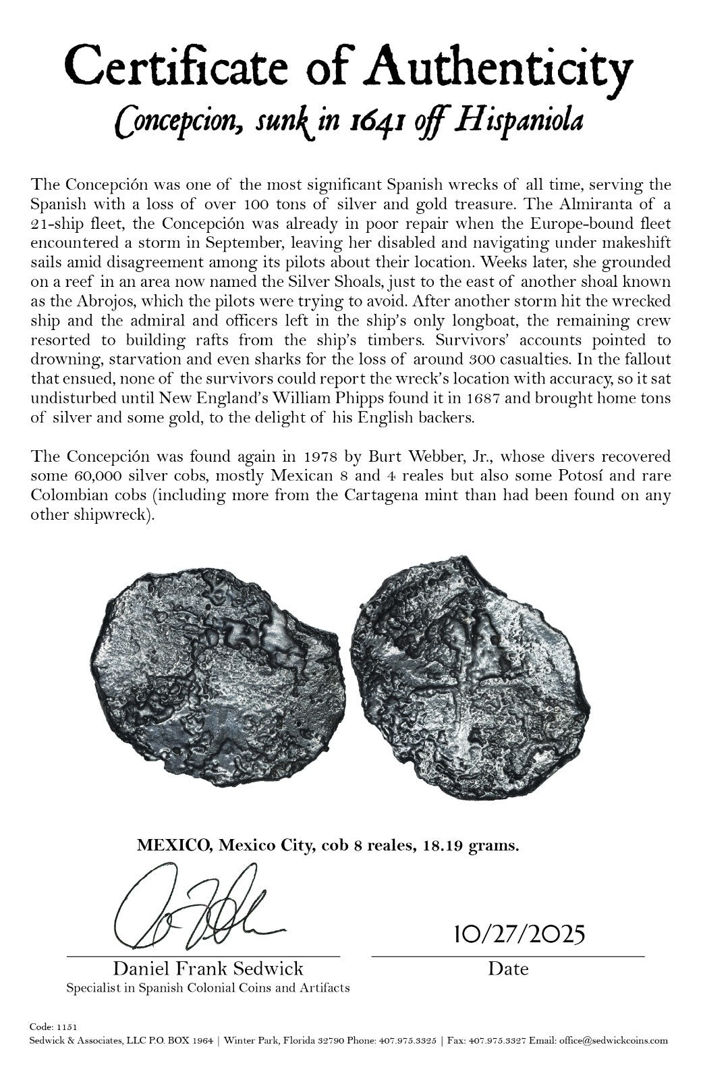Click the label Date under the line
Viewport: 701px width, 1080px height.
click(508, 969)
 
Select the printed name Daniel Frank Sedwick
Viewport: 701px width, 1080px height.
click(208, 969)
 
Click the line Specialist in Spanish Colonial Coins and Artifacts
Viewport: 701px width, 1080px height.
click(208, 988)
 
